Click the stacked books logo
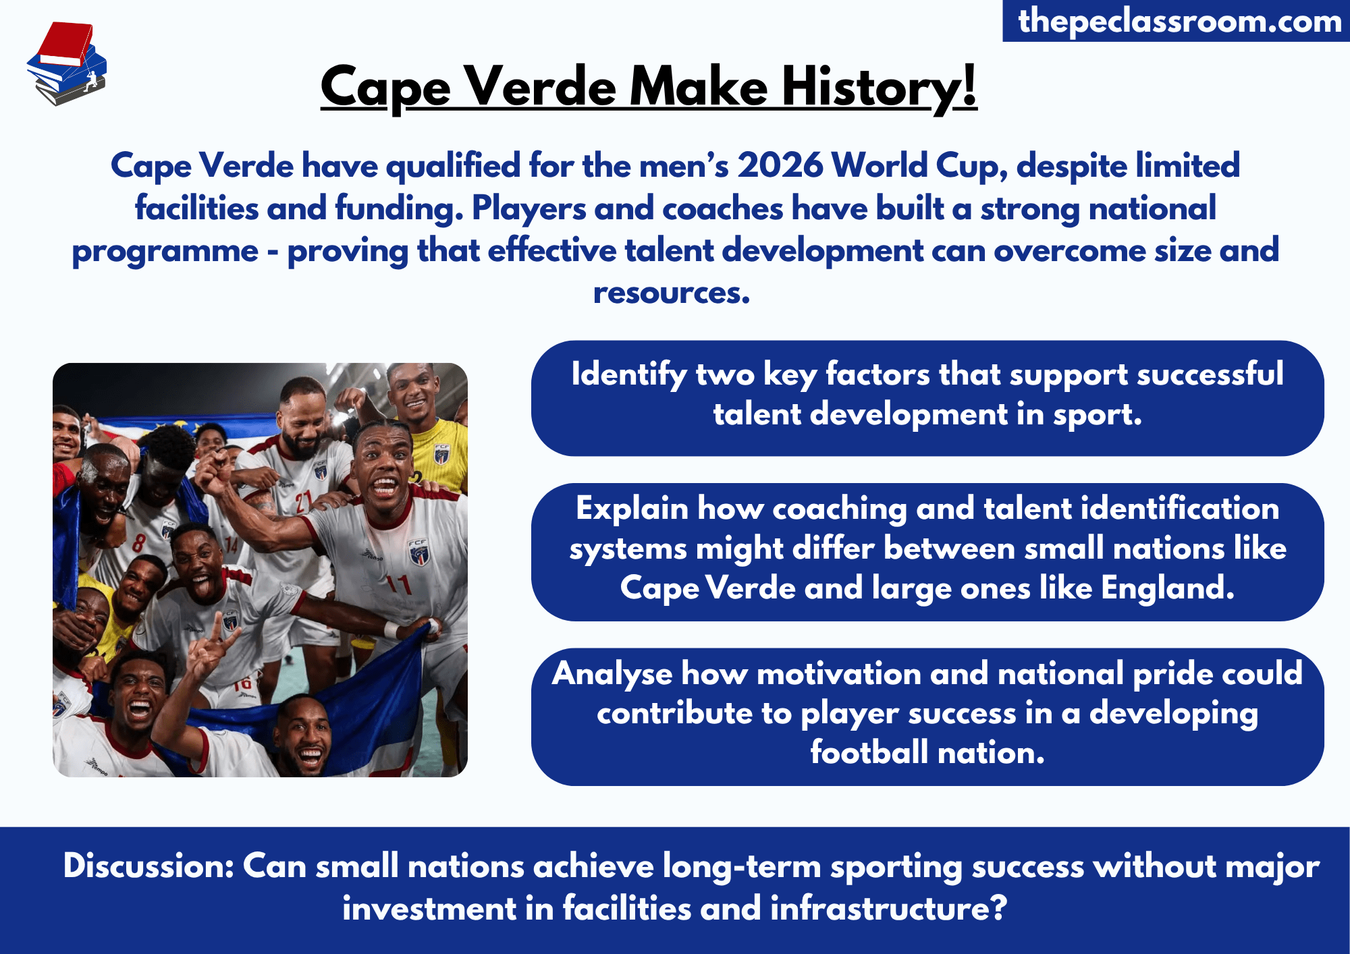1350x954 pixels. pyautogui.click(x=66, y=64)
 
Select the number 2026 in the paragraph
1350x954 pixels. pyautogui.click(x=780, y=165)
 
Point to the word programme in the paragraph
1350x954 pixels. pyautogui.click(x=165, y=252)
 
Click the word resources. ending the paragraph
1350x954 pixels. pyautogui.click(x=671, y=293)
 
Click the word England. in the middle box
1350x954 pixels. pyautogui.click(x=1167, y=588)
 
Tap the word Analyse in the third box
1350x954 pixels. pyautogui.click(x=612, y=674)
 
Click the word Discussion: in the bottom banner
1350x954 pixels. pyautogui.click(x=148, y=866)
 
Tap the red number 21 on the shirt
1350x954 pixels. pyautogui.click(x=303, y=501)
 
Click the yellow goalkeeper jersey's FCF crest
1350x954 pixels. pyautogui.click(x=441, y=454)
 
